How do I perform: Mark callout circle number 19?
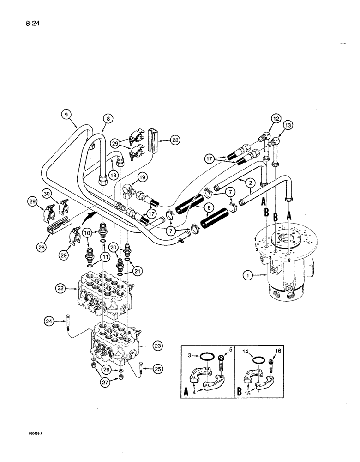pos(142,176)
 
